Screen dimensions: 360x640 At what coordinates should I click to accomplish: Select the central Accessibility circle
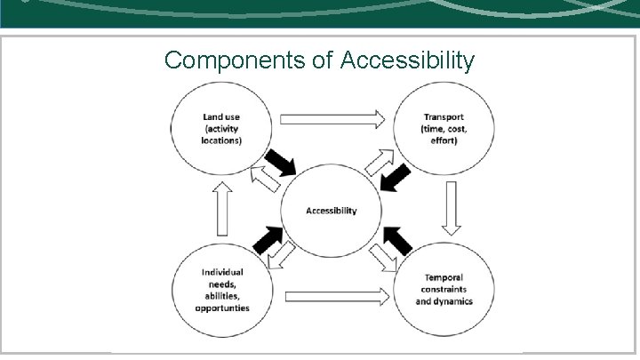coord(331,211)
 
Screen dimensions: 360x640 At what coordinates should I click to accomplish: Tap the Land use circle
coord(221,129)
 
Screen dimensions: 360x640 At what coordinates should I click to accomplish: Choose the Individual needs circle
coord(225,290)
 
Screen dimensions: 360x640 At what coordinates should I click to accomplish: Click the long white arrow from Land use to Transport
coord(331,117)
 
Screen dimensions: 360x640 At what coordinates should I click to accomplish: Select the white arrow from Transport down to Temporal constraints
coord(451,206)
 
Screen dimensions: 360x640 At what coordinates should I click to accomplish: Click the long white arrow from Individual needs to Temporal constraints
coord(338,294)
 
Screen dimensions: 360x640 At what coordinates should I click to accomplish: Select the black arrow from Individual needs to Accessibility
coord(268,239)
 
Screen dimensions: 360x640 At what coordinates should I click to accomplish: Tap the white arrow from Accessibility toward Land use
coord(265,177)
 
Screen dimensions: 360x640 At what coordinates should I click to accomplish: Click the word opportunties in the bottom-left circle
coord(222,308)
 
